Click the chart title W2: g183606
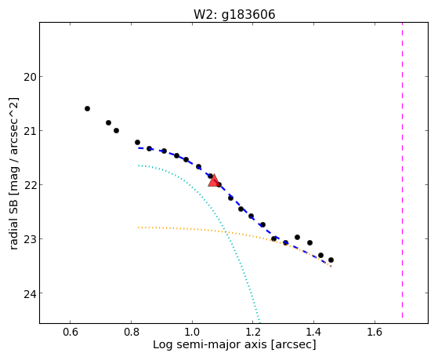(234, 15)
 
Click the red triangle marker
(214, 181)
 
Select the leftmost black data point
(87, 108)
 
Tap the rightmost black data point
(331, 260)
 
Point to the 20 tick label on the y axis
(29, 77)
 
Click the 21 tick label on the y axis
(29, 131)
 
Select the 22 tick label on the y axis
(29, 185)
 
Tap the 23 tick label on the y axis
(29, 239)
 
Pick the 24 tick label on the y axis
(29, 293)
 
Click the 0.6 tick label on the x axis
(70, 333)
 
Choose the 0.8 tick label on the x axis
(131, 333)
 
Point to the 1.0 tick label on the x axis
(192, 333)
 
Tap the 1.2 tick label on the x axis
(253, 333)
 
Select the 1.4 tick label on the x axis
(313, 333)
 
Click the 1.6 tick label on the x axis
(375, 333)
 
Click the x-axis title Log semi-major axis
(210, 344)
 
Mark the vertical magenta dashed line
(402, 170)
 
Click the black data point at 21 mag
(116, 131)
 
